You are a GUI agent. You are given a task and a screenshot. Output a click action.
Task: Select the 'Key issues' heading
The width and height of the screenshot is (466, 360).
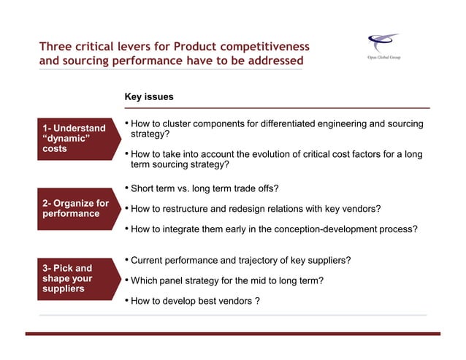(149, 97)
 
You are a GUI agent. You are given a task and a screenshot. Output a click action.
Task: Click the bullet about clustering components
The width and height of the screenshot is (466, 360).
(274, 129)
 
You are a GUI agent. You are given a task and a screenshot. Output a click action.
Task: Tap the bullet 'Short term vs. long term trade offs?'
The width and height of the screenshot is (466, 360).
(205, 189)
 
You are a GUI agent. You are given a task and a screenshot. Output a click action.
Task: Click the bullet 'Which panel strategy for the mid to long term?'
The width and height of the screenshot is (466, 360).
(226, 280)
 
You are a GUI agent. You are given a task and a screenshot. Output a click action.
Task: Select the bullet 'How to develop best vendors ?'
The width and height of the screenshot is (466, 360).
(195, 300)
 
